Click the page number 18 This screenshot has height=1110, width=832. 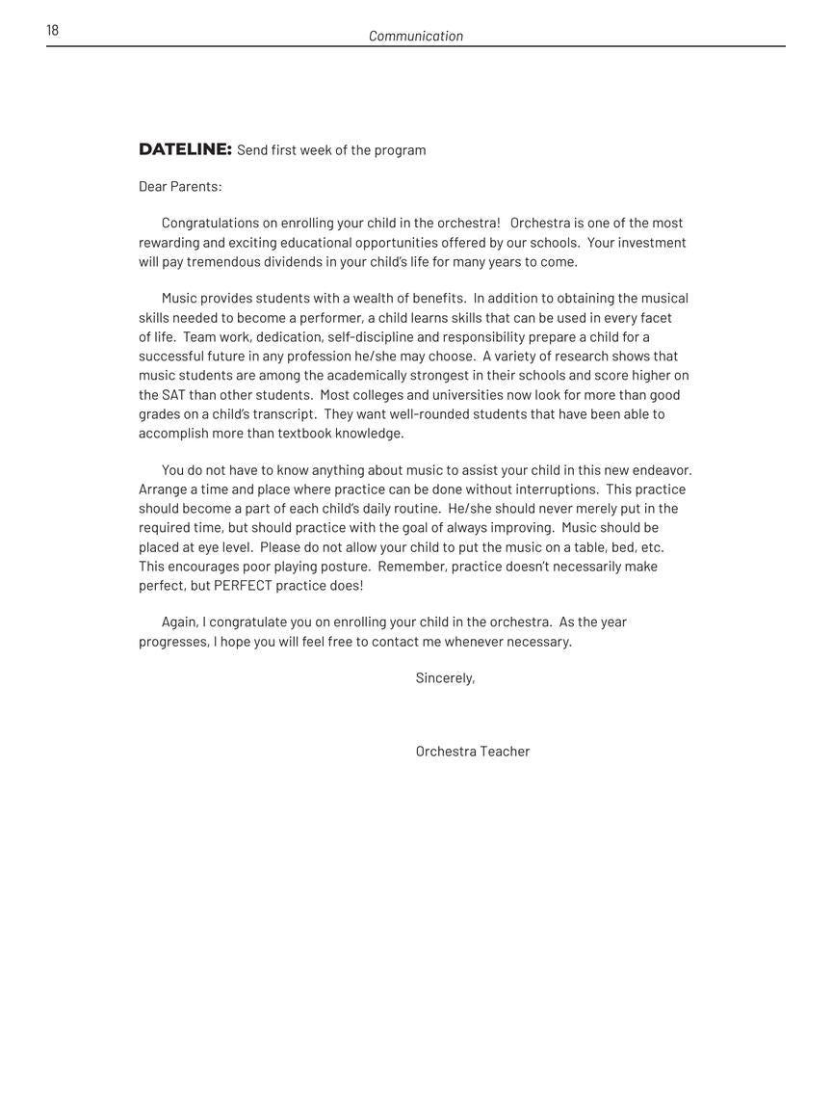(52, 31)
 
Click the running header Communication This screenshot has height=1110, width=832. (416, 37)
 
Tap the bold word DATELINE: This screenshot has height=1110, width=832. (185, 149)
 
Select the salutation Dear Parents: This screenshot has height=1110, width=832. (180, 187)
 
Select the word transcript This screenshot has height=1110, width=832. (283, 414)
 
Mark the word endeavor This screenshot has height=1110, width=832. (662, 470)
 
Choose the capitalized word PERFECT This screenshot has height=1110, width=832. (243, 586)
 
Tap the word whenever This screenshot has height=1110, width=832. (477, 642)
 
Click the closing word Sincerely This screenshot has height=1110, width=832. (445, 678)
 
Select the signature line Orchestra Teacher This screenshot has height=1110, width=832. (473, 752)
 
